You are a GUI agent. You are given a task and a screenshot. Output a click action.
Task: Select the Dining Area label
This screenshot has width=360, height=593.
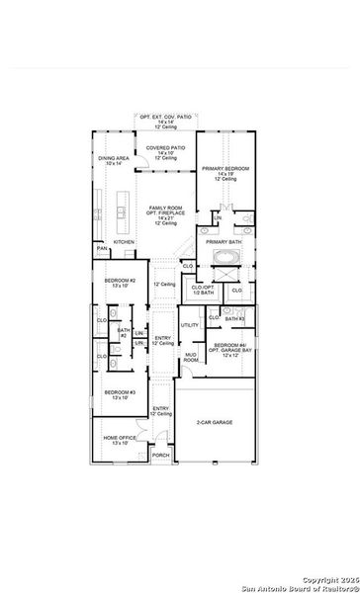pos(114,160)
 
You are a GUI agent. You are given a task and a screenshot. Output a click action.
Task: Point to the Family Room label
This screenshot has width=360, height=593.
pos(164,212)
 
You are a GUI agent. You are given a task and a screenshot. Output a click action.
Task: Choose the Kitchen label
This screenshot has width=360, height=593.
pos(124,241)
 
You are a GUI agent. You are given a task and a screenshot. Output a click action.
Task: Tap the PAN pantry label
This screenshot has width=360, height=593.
pos(102,249)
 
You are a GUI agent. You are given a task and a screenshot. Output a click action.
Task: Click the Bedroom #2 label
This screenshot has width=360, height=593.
pos(120,284)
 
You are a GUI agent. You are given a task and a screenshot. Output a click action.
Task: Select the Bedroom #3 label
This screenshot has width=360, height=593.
pos(118,395)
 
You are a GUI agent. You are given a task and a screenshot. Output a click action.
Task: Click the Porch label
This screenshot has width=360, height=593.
pos(160,455)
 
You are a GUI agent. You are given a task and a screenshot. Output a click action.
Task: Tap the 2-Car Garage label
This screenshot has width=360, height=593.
pos(216,422)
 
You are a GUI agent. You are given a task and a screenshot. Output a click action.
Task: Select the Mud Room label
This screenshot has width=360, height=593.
pos(190,357)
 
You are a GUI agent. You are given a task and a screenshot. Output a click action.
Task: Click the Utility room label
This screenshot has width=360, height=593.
pos(190,324)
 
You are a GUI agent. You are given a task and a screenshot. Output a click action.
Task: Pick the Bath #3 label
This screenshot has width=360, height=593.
pos(234,318)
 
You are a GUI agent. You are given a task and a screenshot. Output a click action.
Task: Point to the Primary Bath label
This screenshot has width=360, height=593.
pos(224,241)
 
